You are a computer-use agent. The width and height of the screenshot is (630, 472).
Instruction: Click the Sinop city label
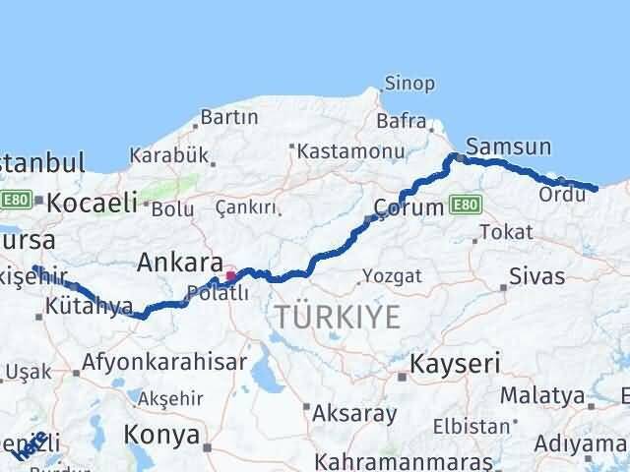click(409, 84)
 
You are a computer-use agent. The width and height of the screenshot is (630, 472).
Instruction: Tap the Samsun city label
click(508, 147)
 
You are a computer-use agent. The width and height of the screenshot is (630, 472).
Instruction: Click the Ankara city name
click(179, 263)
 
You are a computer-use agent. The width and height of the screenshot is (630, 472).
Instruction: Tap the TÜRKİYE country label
click(338, 317)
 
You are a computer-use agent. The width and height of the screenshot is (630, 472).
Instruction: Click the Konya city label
click(161, 434)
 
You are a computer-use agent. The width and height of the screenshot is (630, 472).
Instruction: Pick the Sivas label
click(538, 275)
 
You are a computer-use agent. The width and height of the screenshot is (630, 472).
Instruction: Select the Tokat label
click(509, 232)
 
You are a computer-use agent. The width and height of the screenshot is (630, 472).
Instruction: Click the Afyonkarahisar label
click(164, 362)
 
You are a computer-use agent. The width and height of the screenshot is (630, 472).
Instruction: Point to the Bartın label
click(228, 117)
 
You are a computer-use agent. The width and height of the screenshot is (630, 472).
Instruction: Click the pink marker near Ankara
click(230, 276)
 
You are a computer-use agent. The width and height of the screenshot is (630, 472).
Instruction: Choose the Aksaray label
click(354, 413)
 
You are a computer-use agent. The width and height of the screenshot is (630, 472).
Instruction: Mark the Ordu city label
click(562, 195)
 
